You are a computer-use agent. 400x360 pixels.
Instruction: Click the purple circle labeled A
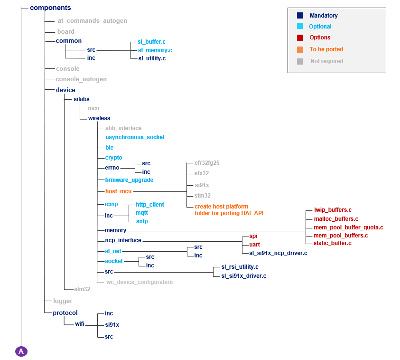(x=21, y=351)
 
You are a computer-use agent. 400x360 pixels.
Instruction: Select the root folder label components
(x=50, y=8)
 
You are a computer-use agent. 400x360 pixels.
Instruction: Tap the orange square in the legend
(x=299, y=49)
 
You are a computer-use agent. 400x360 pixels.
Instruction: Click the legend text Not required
(x=326, y=61)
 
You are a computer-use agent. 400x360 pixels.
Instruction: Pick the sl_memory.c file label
(x=155, y=50)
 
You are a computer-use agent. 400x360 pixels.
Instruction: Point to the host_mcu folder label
(x=118, y=191)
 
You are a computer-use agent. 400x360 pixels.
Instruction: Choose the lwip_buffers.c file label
(x=333, y=209)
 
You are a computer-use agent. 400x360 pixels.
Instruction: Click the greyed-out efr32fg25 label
(x=207, y=162)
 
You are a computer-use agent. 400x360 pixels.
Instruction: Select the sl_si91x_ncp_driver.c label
(x=278, y=253)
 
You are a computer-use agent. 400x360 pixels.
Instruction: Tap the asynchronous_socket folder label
(x=135, y=137)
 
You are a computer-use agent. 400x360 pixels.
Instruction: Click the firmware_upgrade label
(x=129, y=180)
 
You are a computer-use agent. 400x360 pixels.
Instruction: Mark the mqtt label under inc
(x=142, y=213)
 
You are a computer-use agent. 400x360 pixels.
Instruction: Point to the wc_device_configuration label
(x=139, y=282)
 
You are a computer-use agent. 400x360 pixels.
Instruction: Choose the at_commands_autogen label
(x=92, y=21)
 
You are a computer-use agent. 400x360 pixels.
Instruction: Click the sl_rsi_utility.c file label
(x=240, y=267)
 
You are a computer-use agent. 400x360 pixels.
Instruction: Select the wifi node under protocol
(x=80, y=324)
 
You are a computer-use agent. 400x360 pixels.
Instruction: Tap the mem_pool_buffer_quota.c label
(x=348, y=227)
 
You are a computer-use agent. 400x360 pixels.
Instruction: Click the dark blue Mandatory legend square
(x=299, y=16)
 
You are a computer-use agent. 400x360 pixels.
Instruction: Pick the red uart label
(x=254, y=245)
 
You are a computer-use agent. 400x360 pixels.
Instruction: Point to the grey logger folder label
(x=63, y=301)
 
